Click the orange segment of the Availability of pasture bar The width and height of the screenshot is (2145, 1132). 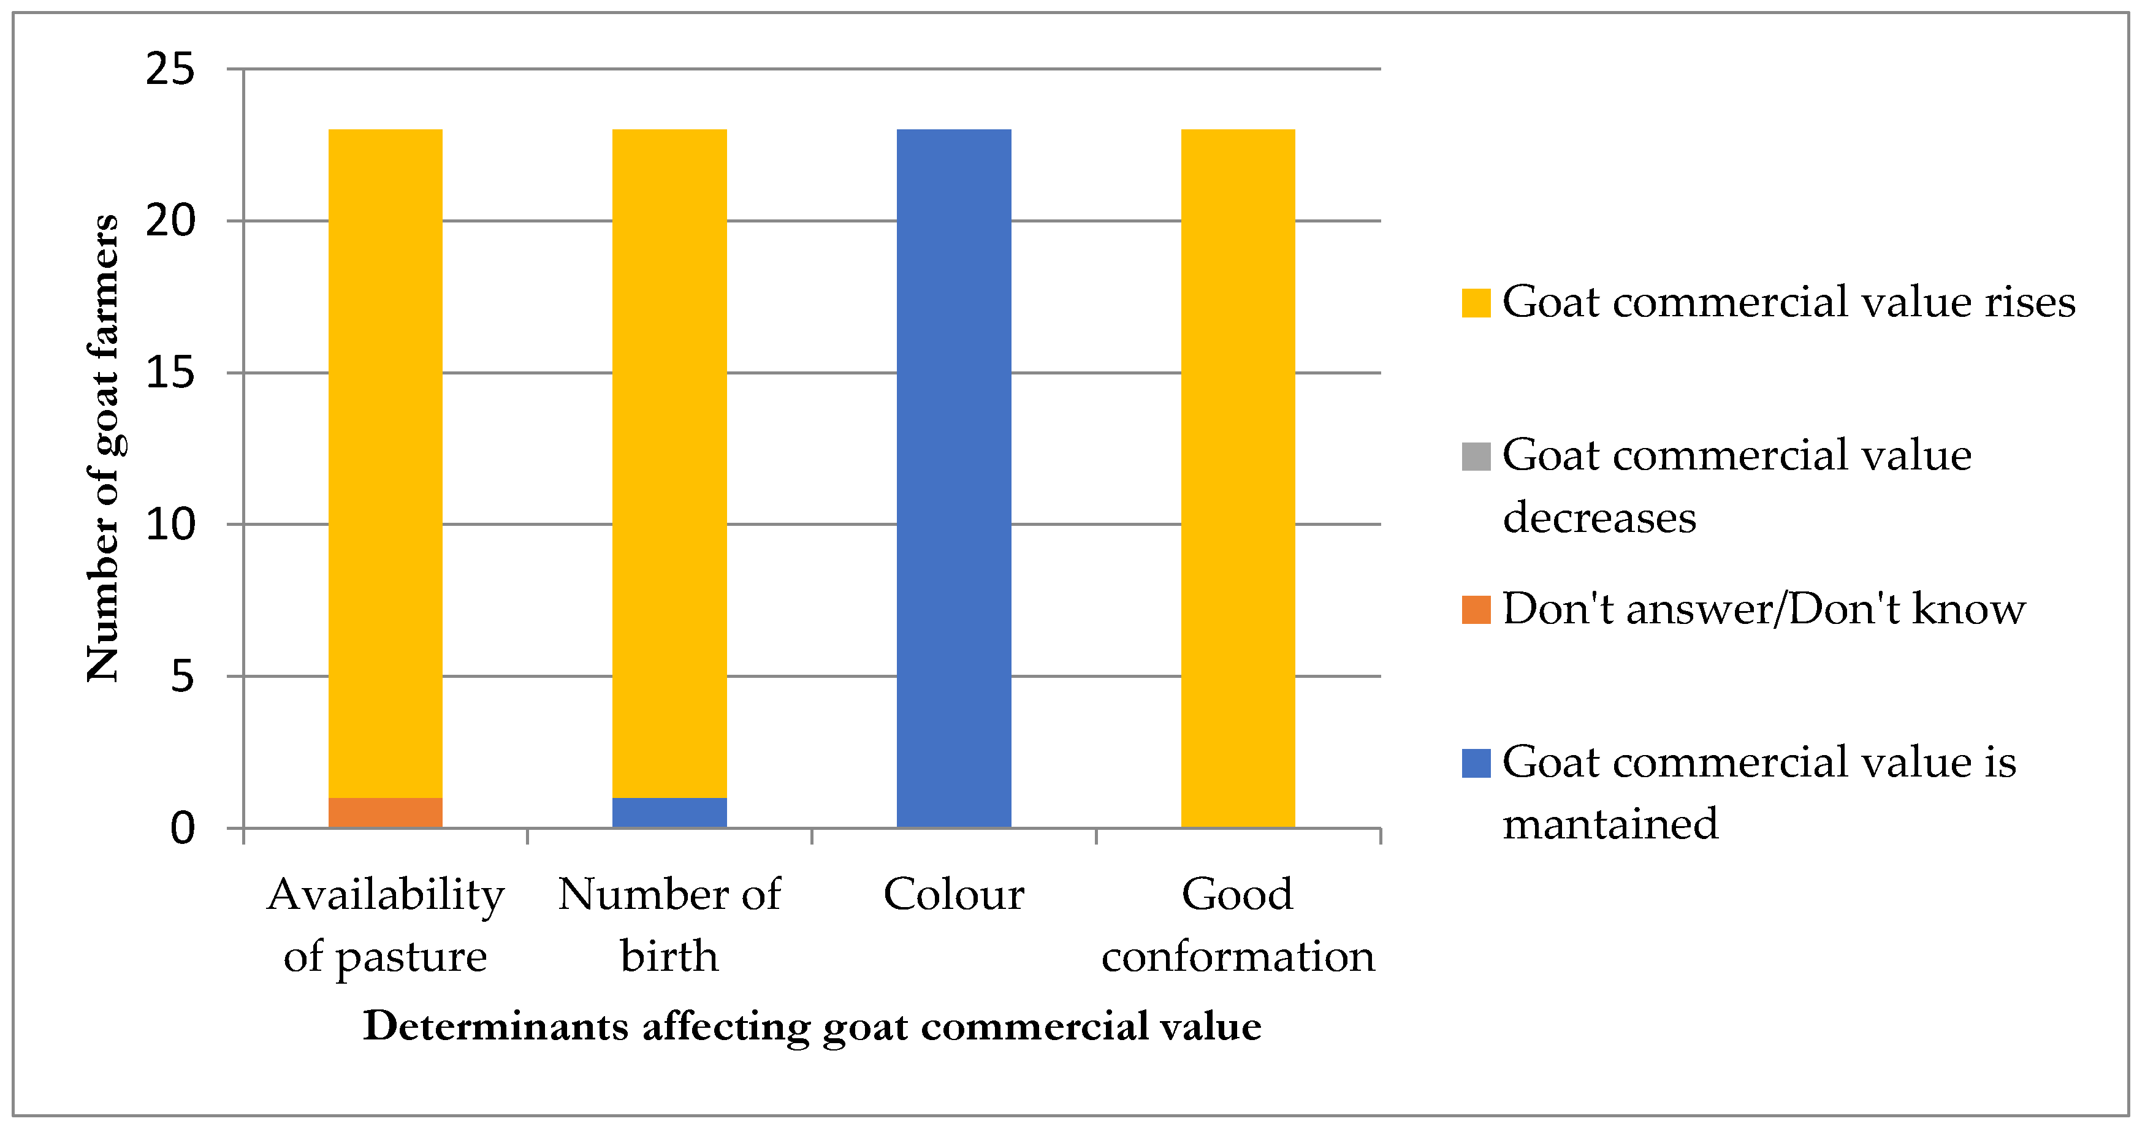pyautogui.click(x=385, y=812)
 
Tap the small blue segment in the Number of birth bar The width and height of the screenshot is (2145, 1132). pyautogui.click(x=669, y=812)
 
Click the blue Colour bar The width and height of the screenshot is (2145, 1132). pyautogui.click(x=953, y=478)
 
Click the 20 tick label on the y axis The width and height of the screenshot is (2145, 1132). pyautogui.click(x=170, y=221)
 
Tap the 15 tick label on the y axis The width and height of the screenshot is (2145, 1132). pyautogui.click(x=170, y=372)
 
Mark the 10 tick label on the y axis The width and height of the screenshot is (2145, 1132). pyautogui.click(x=170, y=525)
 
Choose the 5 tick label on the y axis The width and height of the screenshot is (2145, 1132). pyautogui.click(x=181, y=676)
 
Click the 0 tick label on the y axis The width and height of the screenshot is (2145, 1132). pyautogui.click(x=181, y=828)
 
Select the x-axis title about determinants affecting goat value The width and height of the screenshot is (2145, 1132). pyautogui.click(x=812, y=1025)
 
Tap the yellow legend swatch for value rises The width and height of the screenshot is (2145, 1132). pyautogui.click(x=1476, y=302)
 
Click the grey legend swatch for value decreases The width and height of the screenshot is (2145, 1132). pyautogui.click(x=1476, y=456)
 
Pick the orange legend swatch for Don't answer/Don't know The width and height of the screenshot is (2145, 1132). pyautogui.click(x=1476, y=609)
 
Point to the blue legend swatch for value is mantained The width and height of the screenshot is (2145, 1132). pyautogui.click(x=1476, y=763)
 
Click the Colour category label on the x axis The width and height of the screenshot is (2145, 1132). pyautogui.click(x=953, y=895)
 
